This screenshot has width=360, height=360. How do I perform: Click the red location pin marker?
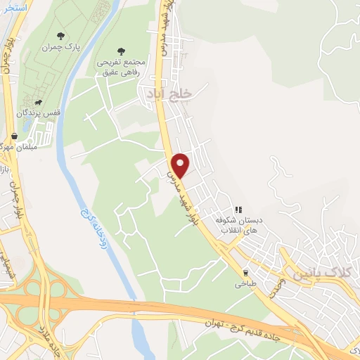180,165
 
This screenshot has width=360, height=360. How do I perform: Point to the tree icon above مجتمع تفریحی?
121,51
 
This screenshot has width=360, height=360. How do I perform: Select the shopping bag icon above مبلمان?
13,135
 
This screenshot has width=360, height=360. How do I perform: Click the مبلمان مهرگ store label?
13,148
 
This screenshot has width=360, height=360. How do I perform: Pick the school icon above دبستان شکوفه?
240,210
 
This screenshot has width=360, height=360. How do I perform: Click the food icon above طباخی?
245,273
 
